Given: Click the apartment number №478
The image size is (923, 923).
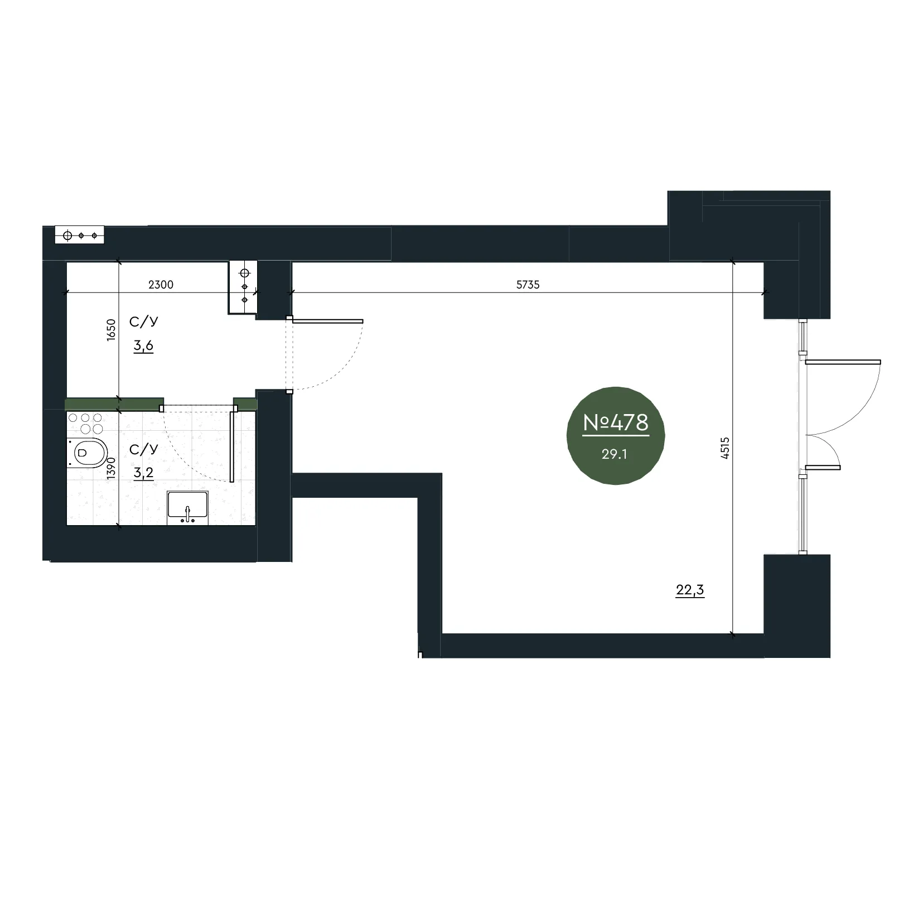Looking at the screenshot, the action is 616,423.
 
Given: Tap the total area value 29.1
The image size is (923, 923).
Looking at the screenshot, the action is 614,454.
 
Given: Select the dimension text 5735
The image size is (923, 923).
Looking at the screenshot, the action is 528,285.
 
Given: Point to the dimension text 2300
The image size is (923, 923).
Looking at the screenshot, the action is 161,285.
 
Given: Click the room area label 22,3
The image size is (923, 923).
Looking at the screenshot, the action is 690,590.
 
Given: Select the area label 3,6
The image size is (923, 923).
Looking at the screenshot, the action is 143,346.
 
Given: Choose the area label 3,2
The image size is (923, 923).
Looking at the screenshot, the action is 143,473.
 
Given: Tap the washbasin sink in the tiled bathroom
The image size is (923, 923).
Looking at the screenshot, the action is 188,508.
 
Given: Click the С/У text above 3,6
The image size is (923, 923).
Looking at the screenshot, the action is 143,322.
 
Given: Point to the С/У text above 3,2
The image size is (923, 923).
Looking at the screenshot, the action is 143,449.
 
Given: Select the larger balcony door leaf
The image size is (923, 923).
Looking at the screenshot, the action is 843,362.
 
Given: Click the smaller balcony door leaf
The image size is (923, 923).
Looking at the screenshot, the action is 823,467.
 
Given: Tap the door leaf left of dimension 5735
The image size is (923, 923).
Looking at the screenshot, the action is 327,321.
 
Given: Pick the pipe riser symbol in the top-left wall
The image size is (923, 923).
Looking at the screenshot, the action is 79,235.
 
